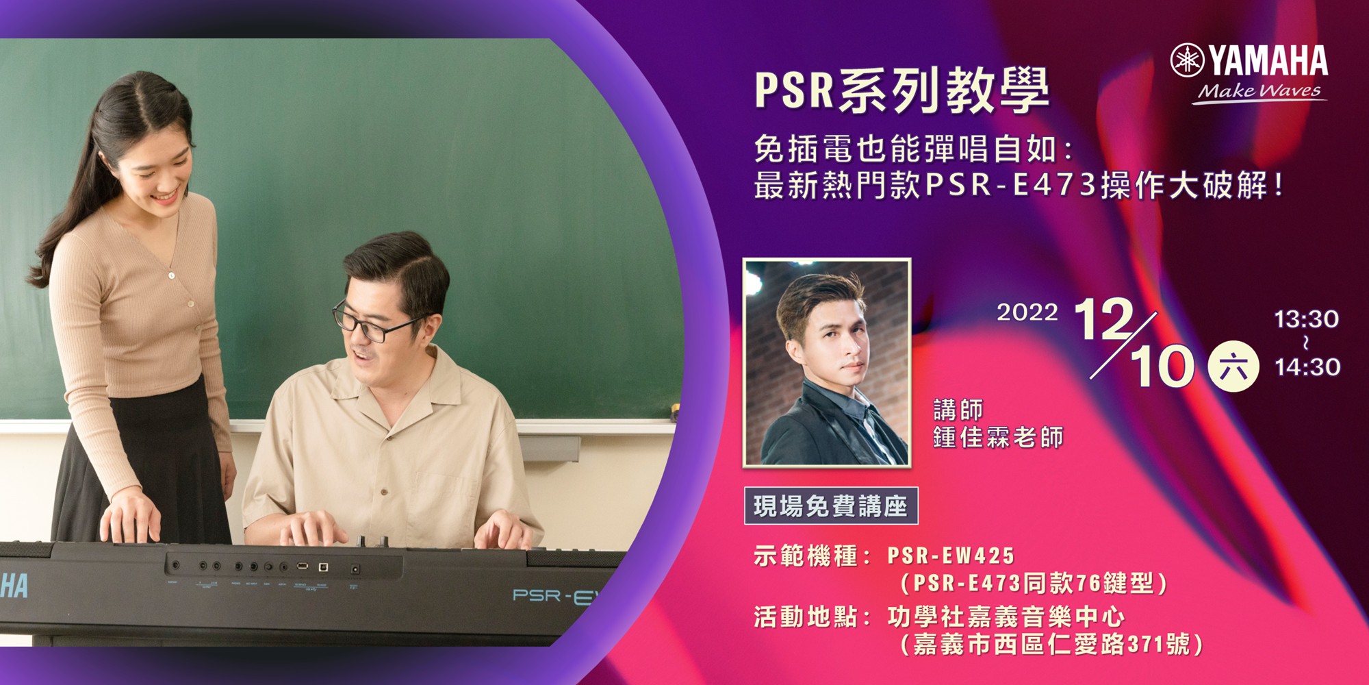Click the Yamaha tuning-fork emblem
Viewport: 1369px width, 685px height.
[1187, 60]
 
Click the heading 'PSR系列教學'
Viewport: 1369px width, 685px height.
[902, 90]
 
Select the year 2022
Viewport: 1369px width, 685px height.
[1027, 312]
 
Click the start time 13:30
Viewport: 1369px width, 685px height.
[1306, 319]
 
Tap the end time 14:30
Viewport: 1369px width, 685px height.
[1307, 367]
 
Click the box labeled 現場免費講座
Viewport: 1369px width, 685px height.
[831, 506]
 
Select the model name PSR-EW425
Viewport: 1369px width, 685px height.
[951, 556]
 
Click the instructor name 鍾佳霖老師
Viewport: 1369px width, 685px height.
[999, 437]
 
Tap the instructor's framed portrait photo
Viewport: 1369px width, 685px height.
[827, 363]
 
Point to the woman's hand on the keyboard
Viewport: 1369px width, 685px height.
[131, 515]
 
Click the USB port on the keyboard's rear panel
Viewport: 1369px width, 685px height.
[303, 566]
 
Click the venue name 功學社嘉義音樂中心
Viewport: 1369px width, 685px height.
[1006, 617]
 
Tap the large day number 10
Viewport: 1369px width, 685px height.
[1162, 367]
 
